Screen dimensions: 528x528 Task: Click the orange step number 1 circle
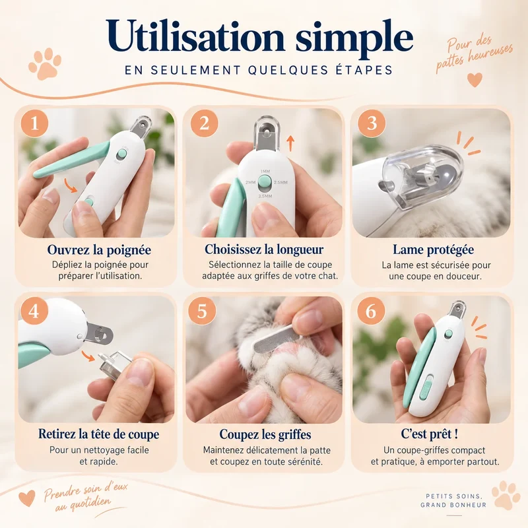[34, 123]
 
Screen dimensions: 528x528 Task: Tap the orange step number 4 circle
[34, 311]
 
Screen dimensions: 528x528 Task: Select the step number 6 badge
[371, 311]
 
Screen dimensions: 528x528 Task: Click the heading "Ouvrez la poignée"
[99, 250]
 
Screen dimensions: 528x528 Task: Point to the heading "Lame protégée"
[434, 249]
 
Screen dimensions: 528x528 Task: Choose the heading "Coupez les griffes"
[265, 434]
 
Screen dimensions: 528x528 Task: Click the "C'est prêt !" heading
[430, 434]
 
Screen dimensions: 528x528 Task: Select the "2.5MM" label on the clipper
[280, 183]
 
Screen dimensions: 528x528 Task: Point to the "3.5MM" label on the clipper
[265, 196]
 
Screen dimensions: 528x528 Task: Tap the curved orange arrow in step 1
[71, 185]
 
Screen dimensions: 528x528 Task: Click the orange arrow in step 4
[88, 356]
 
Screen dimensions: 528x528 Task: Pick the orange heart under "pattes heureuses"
[475, 80]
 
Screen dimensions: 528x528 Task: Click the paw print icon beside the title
[45, 63]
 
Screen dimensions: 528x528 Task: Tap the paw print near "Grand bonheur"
[506, 495]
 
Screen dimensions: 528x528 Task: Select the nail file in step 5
[274, 339]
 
